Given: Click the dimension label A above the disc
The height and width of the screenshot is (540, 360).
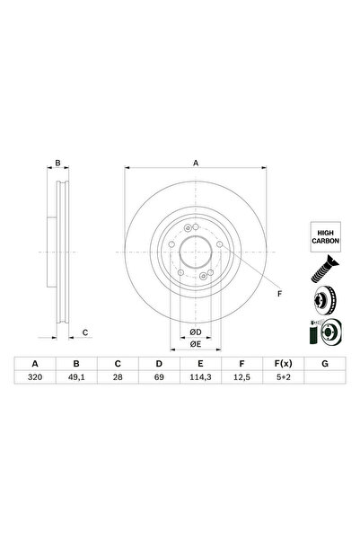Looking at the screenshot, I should click(x=195, y=163).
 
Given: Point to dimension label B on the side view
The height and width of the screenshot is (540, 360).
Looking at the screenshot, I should click(x=57, y=163).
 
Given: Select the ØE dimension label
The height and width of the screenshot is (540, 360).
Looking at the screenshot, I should click(x=195, y=344).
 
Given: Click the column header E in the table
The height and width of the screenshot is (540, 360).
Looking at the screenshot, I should click(x=199, y=364).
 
